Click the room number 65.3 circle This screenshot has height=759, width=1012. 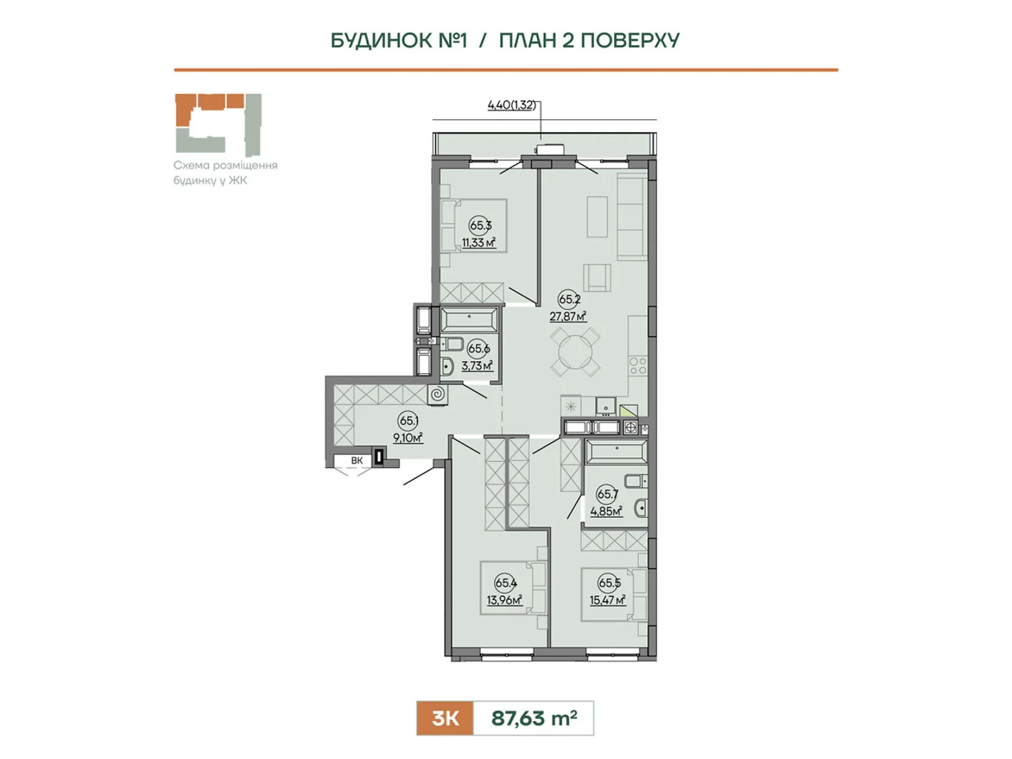click(x=480, y=225)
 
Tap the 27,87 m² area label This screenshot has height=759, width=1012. click(x=567, y=316)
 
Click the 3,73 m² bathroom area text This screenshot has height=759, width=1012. click(x=477, y=366)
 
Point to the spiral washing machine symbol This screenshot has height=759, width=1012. click(x=437, y=395)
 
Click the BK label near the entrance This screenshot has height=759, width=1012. click(x=356, y=460)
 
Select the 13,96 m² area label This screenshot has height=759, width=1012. click(x=504, y=600)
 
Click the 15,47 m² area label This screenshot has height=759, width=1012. click(x=608, y=600)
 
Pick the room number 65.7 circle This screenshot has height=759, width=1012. click(x=607, y=494)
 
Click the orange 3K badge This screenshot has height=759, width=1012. click(x=445, y=718)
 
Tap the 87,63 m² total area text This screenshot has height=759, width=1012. click(x=534, y=718)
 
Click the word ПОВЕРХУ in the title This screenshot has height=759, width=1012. click(x=630, y=40)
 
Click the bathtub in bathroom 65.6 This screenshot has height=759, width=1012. click(x=469, y=319)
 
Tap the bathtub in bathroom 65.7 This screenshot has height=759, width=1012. click(x=617, y=451)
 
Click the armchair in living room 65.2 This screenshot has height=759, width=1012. click(x=597, y=278)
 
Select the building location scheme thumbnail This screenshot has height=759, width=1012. click(x=218, y=125)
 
